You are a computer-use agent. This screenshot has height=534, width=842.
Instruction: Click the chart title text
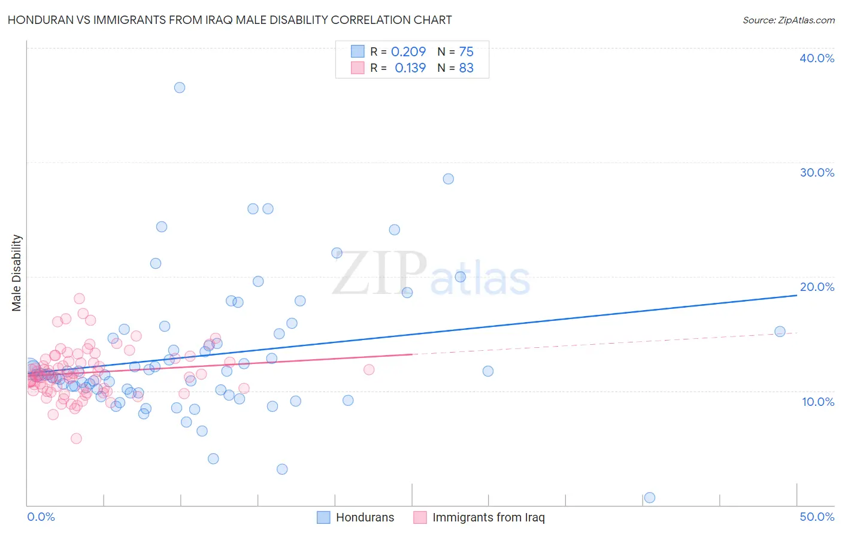click(229, 20)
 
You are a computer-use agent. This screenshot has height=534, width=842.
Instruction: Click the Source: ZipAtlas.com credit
click(788, 20)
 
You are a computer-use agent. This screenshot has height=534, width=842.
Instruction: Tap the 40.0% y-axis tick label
click(817, 58)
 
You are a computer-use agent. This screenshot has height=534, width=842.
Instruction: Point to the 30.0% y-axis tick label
click(817, 172)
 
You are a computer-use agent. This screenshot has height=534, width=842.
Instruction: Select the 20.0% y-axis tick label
click(817, 287)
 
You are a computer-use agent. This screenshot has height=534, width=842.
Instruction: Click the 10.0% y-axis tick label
click(818, 402)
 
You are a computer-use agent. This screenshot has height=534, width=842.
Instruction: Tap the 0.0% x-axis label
click(41, 517)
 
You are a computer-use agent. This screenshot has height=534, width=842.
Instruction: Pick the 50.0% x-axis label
click(817, 517)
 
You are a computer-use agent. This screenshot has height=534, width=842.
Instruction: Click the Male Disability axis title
click(17, 273)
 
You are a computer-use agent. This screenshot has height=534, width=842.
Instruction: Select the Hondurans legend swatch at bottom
click(323, 517)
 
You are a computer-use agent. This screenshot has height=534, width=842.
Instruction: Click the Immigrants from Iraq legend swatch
click(420, 517)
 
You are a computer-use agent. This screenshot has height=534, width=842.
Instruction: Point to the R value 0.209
click(408, 51)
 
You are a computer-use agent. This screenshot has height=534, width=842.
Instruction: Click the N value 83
click(466, 68)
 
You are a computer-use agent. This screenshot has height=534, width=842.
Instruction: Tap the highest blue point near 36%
click(180, 87)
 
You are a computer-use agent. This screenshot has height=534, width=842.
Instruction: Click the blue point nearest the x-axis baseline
click(649, 497)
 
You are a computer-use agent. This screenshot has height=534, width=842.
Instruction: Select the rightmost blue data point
click(780, 331)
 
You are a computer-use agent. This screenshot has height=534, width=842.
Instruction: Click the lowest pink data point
click(76, 438)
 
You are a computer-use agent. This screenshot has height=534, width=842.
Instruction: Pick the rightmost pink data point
click(369, 369)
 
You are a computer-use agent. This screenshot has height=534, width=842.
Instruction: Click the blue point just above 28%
click(448, 178)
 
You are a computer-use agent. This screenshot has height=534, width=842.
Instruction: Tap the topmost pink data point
click(79, 298)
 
